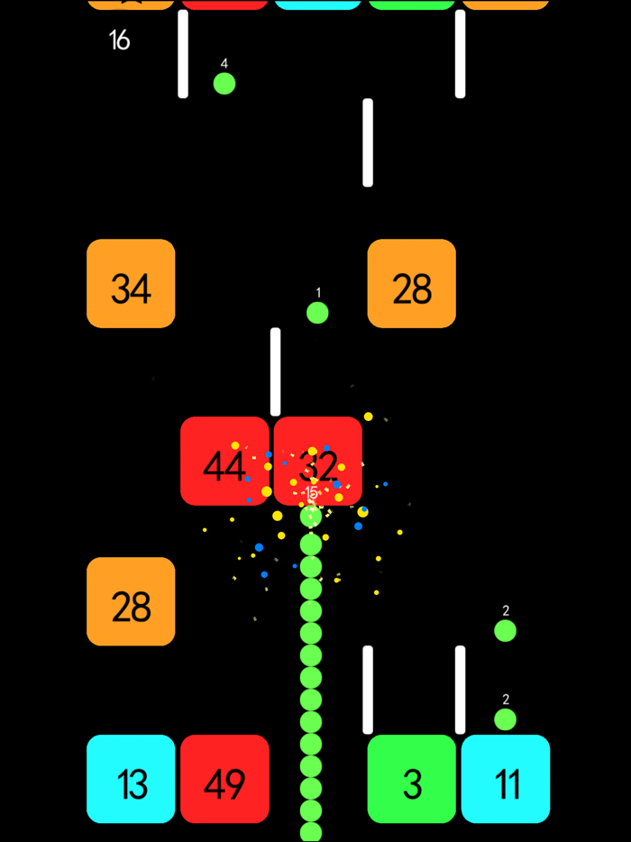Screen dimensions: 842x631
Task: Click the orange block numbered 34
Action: [x=131, y=284]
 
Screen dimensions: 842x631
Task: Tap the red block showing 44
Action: [x=224, y=461]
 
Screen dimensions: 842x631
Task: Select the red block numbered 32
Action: [x=318, y=461]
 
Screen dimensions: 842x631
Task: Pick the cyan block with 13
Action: [x=131, y=779]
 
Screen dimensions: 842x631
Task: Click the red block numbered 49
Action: [x=224, y=779]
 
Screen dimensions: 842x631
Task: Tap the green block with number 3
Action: [x=412, y=779]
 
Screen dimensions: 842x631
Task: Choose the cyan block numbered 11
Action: [x=506, y=779]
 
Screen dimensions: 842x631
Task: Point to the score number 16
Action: [x=119, y=40]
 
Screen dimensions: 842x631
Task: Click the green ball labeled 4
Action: [x=224, y=84]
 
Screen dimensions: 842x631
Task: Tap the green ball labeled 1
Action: [x=317, y=313]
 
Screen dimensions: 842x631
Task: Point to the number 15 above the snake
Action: [x=311, y=493]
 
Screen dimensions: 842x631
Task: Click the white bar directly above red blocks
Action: [x=275, y=371]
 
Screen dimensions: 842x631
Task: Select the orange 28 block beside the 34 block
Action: [x=412, y=284]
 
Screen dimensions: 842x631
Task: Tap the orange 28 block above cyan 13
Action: [x=131, y=601]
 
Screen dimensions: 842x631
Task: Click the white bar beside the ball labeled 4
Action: [x=183, y=54]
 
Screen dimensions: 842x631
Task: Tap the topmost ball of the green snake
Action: [x=311, y=517]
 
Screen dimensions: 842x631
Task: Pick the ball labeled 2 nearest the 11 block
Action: [x=506, y=719]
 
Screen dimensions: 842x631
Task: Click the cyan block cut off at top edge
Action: [x=318, y=5]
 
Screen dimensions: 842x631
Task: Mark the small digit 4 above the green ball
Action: [x=224, y=63]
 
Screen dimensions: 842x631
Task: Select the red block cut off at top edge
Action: [x=224, y=5]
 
